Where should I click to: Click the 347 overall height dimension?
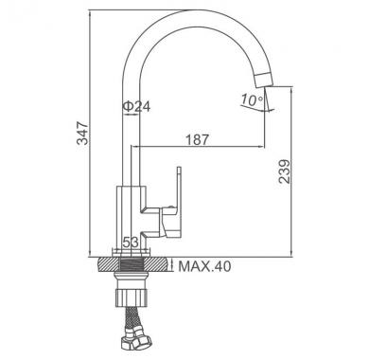[82, 133]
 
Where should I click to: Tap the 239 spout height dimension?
[285, 171]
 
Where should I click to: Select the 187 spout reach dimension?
[197, 139]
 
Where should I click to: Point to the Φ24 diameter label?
[136, 107]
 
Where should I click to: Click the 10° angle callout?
[252, 99]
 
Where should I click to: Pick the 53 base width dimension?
[131, 243]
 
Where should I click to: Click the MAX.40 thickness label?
[204, 266]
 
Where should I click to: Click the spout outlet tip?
[264, 81]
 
